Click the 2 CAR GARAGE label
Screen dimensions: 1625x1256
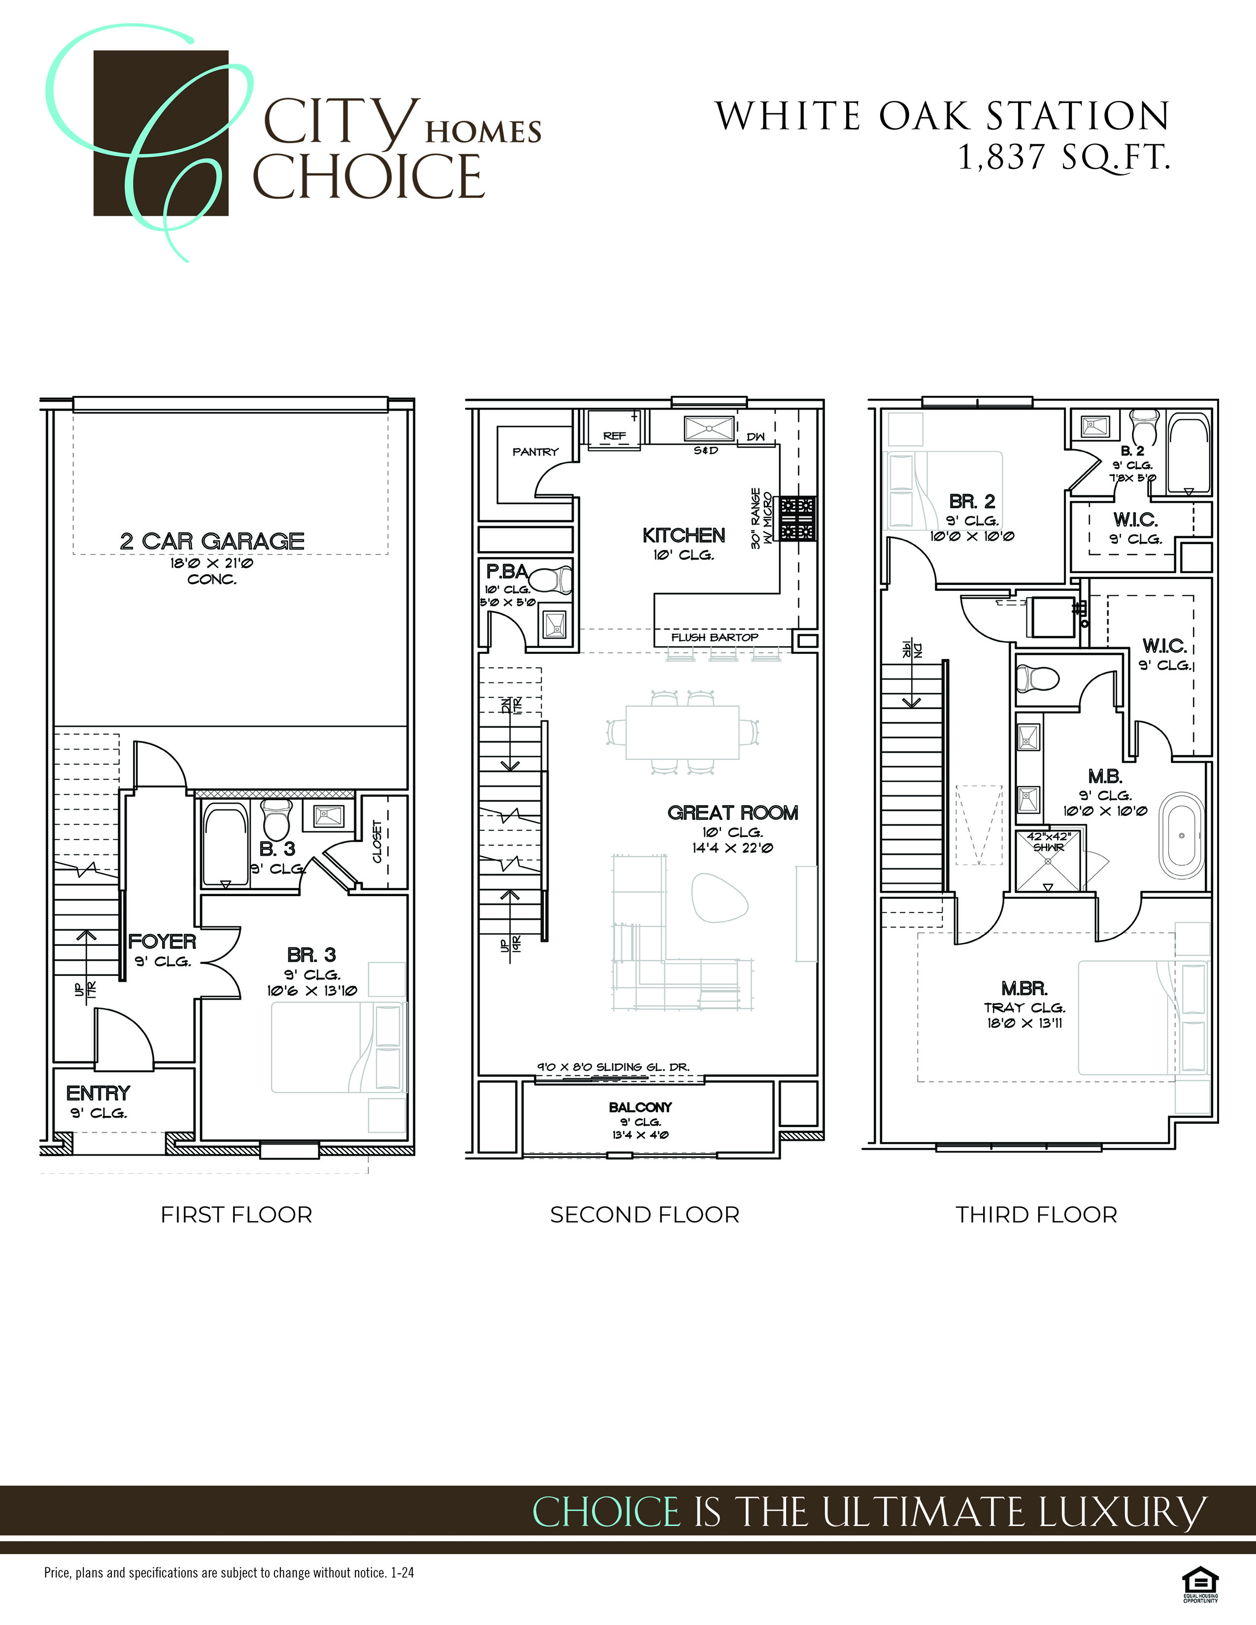tap(212, 541)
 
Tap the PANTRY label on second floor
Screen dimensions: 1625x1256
tap(535, 452)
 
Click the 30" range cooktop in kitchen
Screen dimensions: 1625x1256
tap(797, 518)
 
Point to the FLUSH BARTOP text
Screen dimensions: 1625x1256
tap(714, 638)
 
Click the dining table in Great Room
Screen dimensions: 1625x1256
tap(682, 731)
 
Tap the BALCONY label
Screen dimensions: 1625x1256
tap(640, 1107)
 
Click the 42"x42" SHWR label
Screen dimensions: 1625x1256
tap(1049, 842)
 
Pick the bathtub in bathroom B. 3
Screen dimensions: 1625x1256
tap(226, 845)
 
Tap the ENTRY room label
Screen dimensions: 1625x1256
tap(98, 1093)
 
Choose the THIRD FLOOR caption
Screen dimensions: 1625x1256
tap(1036, 1215)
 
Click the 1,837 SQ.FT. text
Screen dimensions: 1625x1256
tap(1064, 157)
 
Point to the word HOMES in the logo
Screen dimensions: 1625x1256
tap(483, 132)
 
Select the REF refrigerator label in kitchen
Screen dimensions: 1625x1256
tap(615, 436)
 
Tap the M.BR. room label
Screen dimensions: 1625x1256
tap(1025, 989)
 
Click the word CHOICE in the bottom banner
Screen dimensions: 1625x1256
tap(606, 1512)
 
